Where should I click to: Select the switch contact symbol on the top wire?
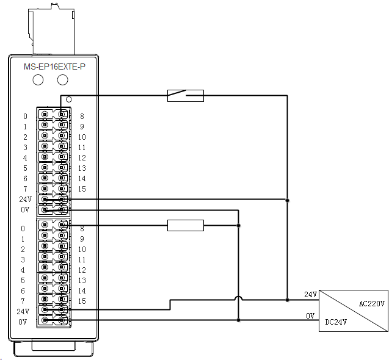[x=185, y=95]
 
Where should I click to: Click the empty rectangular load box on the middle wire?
[x=185, y=226]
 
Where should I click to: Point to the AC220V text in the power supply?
[x=371, y=304]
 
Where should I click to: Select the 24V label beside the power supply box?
[x=311, y=295]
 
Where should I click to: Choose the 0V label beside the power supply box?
[x=310, y=315]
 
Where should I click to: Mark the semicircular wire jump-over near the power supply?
[x=238, y=299]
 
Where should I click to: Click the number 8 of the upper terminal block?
[x=82, y=116]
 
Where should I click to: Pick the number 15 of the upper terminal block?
[x=82, y=189]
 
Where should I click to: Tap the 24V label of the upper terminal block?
[x=24, y=199]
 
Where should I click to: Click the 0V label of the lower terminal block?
[x=23, y=322]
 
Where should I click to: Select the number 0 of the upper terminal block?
[x=25, y=116]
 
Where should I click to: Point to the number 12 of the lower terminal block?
[x=82, y=270]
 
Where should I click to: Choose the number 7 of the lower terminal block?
[x=25, y=301]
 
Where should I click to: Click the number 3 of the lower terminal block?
[x=25, y=259]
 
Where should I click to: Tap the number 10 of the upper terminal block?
[x=82, y=137]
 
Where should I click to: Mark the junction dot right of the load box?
[x=238, y=226]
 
